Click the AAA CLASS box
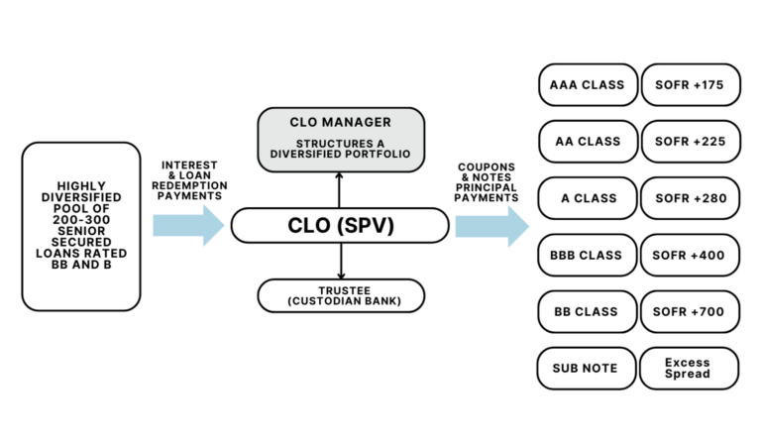pyautogui.click(x=587, y=84)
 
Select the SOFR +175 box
pyautogui.click(x=690, y=84)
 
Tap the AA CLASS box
pyautogui.click(x=587, y=141)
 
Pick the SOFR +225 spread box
pyautogui.click(x=690, y=141)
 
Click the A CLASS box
pyautogui.click(x=587, y=197)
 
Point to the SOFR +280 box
pyautogui.click(x=690, y=197)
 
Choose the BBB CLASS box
pyautogui.click(x=587, y=255)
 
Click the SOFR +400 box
pyautogui.click(x=690, y=255)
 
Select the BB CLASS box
pyautogui.click(x=587, y=311)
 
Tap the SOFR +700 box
pyautogui.click(x=690, y=311)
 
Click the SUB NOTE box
pyautogui.click(x=587, y=368)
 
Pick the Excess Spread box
pyautogui.click(x=690, y=368)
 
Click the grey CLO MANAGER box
pyautogui.click(x=341, y=138)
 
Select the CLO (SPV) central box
pyautogui.click(x=341, y=226)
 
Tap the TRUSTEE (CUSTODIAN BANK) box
pyautogui.click(x=341, y=294)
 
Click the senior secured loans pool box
pyautogui.click(x=81, y=226)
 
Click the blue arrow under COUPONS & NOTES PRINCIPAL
pyautogui.click(x=491, y=225)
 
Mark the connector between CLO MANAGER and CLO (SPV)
pyautogui.click(x=341, y=188)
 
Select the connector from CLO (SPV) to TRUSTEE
pyautogui.click(x=341, y=261)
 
